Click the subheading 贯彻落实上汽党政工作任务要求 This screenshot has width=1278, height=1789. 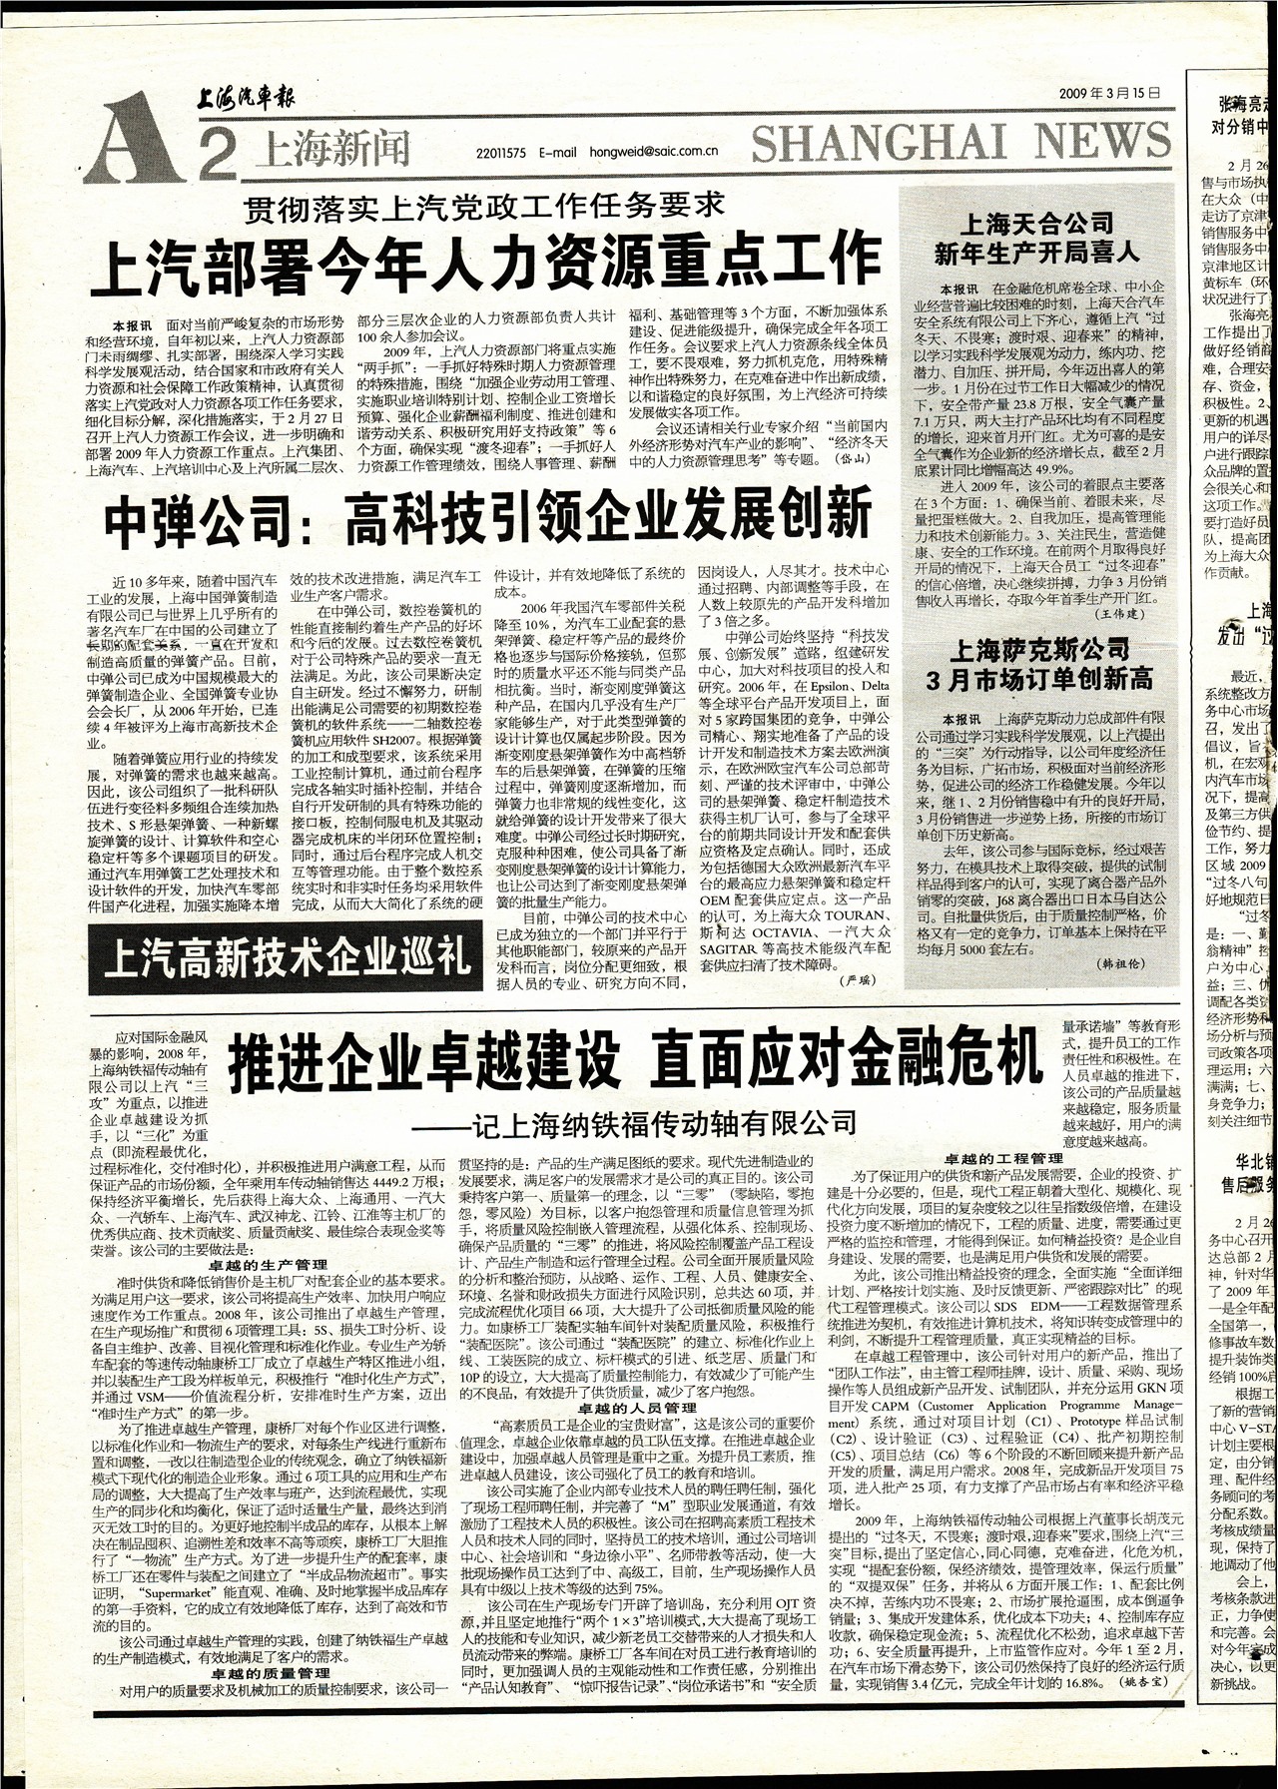pos(485,209)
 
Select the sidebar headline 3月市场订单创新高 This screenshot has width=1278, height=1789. pos(1039,680)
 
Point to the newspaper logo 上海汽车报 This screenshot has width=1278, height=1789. pos(245,98)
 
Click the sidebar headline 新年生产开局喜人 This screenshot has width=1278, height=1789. pos(1035,253)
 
